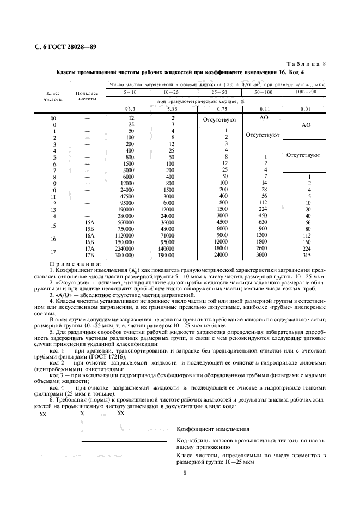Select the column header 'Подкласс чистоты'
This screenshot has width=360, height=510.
pyautogui.click(x=87, y=96)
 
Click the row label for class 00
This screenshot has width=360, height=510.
pyautogui.click(x=53, y=118)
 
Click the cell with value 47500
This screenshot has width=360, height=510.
pyautogui.click(x=127, y=196)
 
